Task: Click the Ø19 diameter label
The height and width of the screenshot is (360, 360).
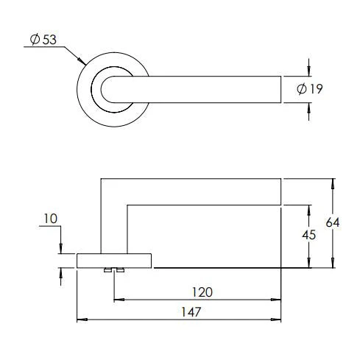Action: (310, 89)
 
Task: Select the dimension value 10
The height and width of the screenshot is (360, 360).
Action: (51, 219)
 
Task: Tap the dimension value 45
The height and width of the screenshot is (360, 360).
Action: (310, 236)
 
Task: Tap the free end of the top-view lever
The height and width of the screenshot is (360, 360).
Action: (278, 89)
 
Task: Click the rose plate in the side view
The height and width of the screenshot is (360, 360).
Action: (114, 260)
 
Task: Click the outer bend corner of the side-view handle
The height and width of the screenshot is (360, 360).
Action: (102, 180)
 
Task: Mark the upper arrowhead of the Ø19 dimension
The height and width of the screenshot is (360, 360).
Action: (308, 70)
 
